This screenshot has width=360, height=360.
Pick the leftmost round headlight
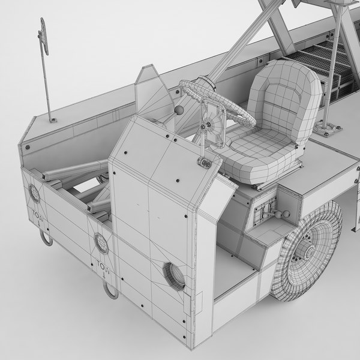(34, 194)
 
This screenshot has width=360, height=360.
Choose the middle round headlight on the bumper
(101, 242)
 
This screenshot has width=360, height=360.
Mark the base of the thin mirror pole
(52, 119)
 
